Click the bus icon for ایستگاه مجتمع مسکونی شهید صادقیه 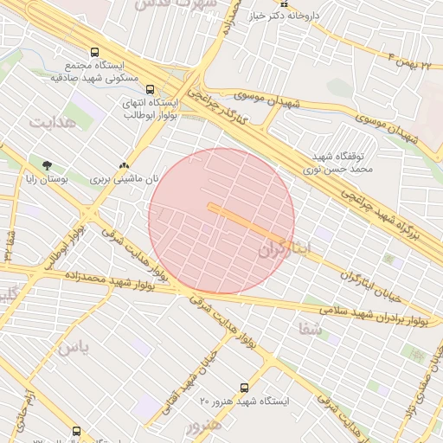coord(94,52)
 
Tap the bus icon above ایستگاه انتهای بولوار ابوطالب coord(151,88)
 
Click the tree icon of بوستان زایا coord(47,164)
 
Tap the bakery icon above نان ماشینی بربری coord(125,164)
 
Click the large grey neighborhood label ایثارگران coord(295,249)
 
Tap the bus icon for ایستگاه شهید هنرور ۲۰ coord(244,388)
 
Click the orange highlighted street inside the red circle coord(246,222)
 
